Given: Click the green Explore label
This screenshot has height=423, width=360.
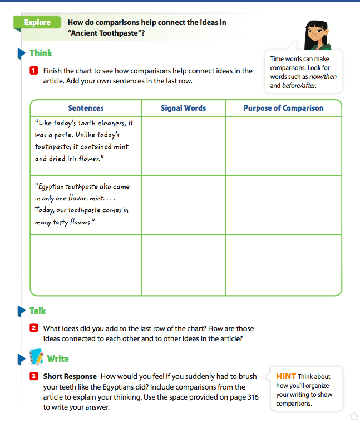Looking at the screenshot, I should coord(37,23).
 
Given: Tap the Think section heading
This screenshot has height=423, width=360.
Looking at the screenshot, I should coord(41,53).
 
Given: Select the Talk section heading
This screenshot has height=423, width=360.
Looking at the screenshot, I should coord(37,311).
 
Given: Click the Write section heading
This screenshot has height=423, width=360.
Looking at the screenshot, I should coord(58,358).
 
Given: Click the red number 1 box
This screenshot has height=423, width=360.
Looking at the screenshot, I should coord(33,71).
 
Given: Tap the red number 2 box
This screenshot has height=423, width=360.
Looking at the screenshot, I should coord(33,328).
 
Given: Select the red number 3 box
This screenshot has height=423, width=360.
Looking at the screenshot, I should coord(33,376).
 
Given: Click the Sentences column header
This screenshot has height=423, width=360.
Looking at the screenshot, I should coord(86,108).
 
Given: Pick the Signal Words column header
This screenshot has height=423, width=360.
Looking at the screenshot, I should coord(183,108).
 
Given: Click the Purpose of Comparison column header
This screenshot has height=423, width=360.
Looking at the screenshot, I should coord(283,108).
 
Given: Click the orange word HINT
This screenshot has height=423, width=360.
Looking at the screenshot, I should coord(286,377).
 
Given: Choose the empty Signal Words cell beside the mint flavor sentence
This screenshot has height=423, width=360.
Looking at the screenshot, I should coord(183,205).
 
